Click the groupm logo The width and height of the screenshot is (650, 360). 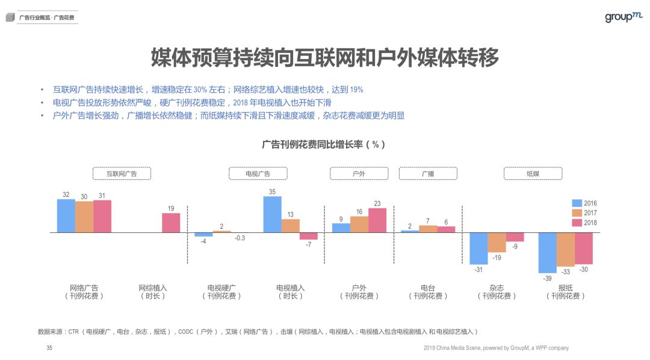click(x=624, y=17)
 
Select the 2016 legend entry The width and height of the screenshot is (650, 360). click(x=584, y=203)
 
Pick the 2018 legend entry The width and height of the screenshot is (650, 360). click(x=584, y=223)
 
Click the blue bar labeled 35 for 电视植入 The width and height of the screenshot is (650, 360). click(x=272, y=214)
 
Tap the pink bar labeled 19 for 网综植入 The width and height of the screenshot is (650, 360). click(x=171, y=223)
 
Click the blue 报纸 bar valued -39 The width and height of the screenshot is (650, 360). click(x=547, y=252)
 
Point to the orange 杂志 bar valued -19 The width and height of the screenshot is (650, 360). click(x=497, y=242)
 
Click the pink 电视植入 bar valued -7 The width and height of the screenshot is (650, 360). click(x=308, y=236)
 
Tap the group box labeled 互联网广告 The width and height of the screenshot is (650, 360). click(x=122, y=173)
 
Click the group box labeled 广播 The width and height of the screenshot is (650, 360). click(x=428, y=173)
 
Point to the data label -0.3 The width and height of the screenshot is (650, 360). click(x=240, y=238)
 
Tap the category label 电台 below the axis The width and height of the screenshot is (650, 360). click(x=428, y=288)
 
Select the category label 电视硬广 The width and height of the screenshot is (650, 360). click(x=221, y=288)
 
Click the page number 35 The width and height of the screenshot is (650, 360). click(x=49, y=348)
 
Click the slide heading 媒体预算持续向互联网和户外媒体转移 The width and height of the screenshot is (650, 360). click(x=324, y=59)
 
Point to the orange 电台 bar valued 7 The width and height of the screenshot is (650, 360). click(x=428, y=229)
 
